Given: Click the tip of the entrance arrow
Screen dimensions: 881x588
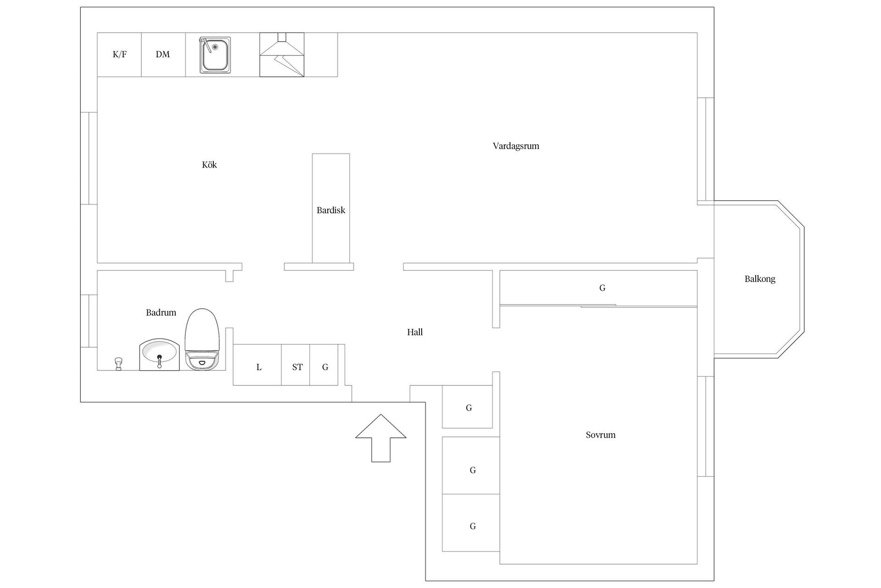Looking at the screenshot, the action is click(x=381, y=414).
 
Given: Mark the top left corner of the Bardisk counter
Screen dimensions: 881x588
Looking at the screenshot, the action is click(x=312, y=154).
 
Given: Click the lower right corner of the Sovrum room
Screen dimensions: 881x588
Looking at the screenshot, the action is click(x=697, y=564).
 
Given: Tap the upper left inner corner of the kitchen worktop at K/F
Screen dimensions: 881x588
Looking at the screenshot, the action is click(x=97, y=33).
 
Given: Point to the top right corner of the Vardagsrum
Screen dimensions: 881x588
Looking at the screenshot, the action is click(x=697, y=33).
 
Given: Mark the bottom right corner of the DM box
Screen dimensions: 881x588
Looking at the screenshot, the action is click(x=185, y=77).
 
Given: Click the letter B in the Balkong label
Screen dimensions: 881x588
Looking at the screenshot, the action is click(x=747, y=278).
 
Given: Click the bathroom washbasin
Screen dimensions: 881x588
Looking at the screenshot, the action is click(x=159, y=354).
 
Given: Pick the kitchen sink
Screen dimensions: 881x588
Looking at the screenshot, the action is click(x=215, y=55).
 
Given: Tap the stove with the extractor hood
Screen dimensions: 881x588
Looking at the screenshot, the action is click(x=282, y=55).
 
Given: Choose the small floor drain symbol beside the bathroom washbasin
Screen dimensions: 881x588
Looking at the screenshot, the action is click(x=118, y=363).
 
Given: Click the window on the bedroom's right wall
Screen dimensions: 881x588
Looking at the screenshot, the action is click(x=706, y=426).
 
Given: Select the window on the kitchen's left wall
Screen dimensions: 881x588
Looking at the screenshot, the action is click(x=89, y=158).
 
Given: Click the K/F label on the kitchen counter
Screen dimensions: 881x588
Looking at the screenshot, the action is click(x=120, y=55).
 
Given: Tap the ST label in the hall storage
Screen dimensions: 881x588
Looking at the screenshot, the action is click(x=297, y=367).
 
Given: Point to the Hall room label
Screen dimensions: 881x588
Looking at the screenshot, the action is click(x=415, y=332).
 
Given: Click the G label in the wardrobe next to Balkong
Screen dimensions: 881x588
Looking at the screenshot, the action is click(x=602, y=288).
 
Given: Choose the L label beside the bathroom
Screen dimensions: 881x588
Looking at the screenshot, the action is click(x=259, y=367).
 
